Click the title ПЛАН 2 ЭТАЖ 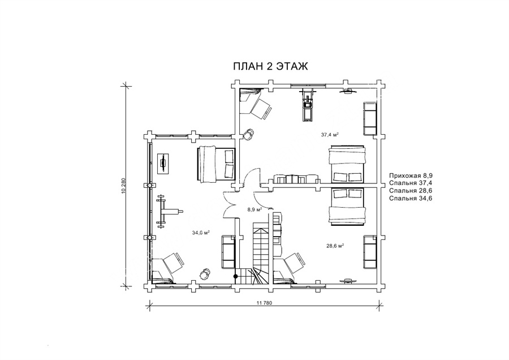(x=270, y=66)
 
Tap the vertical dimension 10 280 (x=123, y=186)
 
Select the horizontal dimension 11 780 (x=264, y=303)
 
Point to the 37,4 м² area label (x=330, y=134)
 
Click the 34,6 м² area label (x=201, y=233)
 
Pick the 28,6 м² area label (x=335, y=246)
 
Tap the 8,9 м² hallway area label (x=255, y=209)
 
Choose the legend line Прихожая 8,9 (x=411, y=175)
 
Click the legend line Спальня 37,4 (x=411, y=183)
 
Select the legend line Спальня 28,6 (x=411, y=190)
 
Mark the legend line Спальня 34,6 (x=411, y=198)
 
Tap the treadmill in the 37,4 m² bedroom (x=308, y=105)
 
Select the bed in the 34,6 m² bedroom (x=216, y=164)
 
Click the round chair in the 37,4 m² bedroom (x=249, y=134)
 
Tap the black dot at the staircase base (x=236, y=276)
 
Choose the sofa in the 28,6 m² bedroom (x=370, y=252)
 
